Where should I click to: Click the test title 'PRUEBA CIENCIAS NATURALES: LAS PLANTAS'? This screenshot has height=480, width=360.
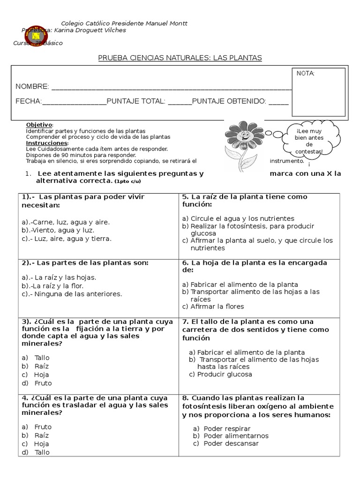pos(180,58)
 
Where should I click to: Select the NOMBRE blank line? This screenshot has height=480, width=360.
pos(171,87)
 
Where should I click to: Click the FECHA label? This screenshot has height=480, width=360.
pos(29,101)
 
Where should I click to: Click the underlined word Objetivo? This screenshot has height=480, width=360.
pos(39,125)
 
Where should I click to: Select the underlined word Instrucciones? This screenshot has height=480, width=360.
pos(47,142)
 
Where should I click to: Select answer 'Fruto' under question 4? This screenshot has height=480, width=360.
pos(43,427)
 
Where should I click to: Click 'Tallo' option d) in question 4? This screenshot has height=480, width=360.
pos(42,452)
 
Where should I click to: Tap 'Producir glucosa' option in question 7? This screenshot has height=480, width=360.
pos(220,374)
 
